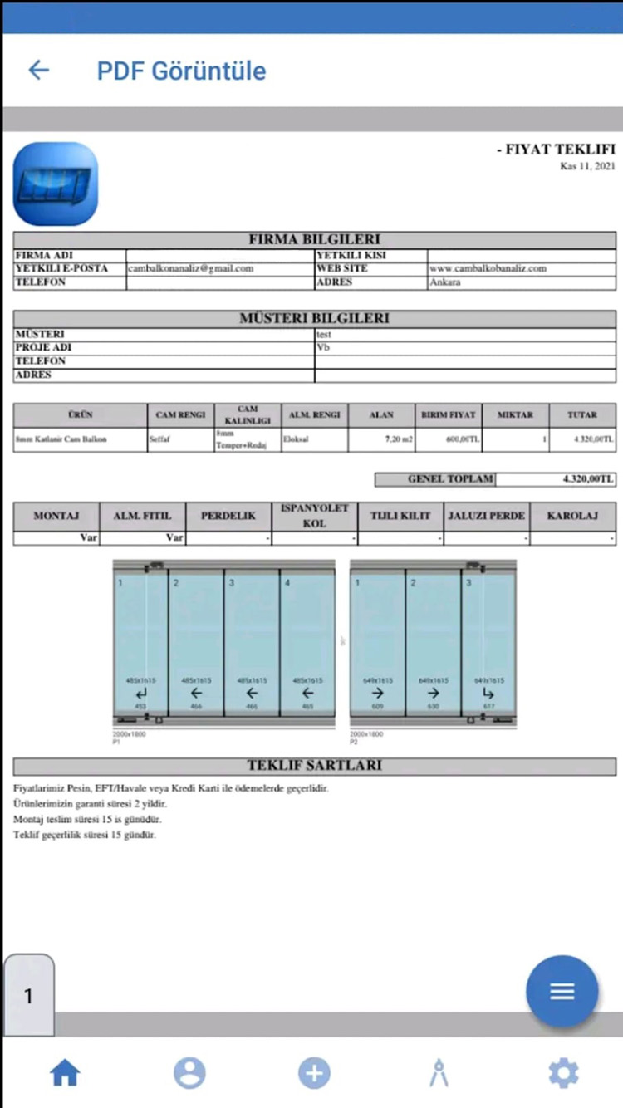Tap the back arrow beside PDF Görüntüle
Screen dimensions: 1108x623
[39, 70]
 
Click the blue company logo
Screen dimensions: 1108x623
[56, 184]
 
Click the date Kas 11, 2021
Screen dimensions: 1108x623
[587, 166]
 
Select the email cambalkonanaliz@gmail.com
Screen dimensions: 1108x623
[191, 269]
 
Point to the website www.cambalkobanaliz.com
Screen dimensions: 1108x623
[488, 269]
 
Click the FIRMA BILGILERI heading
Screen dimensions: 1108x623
[315, 239]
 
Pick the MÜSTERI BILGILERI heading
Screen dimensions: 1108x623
[315, 318]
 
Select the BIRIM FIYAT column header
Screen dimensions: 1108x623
[449, 414]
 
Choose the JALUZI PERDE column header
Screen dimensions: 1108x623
[487, 516]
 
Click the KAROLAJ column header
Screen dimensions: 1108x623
[573, 516]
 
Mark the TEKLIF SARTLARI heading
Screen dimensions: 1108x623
[315, 766]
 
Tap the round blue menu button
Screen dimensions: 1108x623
[562, 991]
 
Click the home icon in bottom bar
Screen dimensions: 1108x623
[65, 1073]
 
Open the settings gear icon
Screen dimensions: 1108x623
[563, 1073]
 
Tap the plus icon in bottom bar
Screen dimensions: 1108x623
[314, 1073]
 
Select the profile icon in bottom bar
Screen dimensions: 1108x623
[189, 1073]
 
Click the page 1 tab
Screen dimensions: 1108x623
[29, 996]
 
